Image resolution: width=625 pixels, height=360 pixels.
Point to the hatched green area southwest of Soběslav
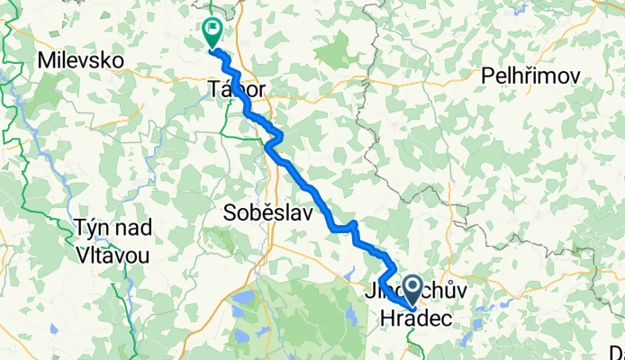coord(217,238)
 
